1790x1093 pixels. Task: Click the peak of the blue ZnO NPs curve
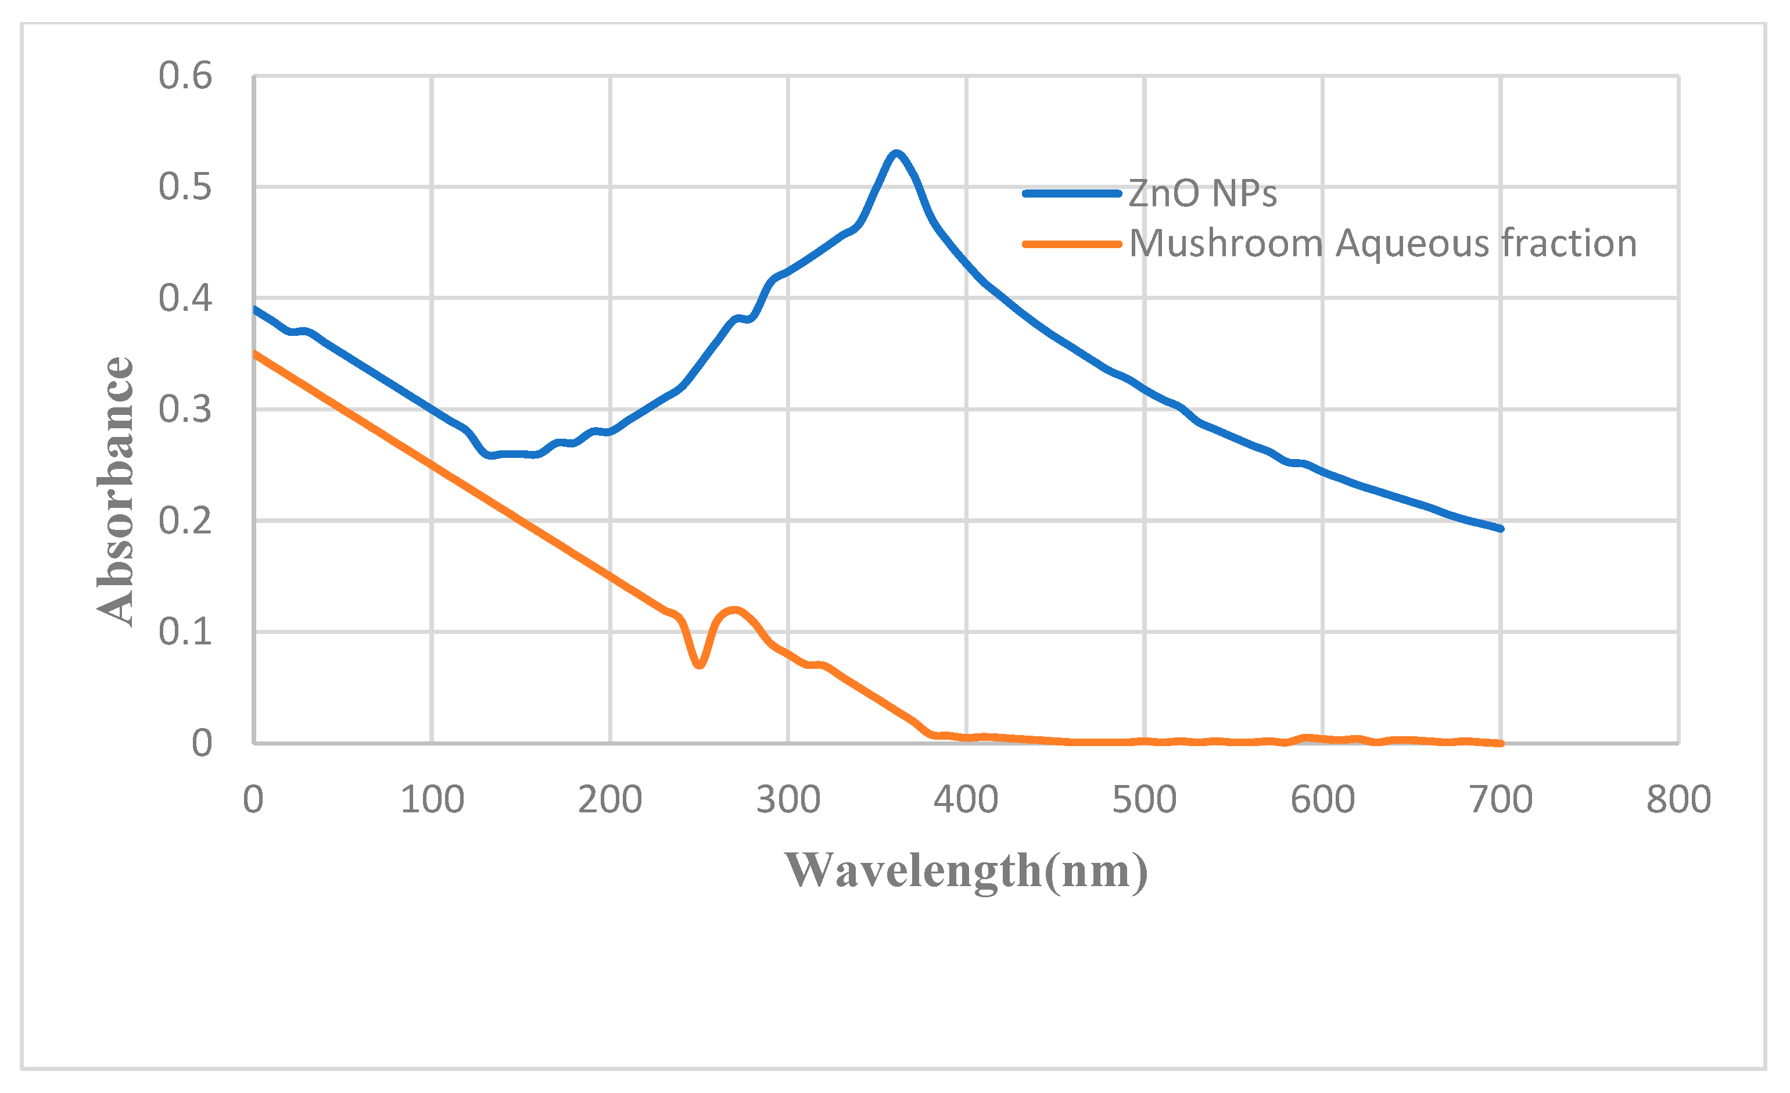(896, 153)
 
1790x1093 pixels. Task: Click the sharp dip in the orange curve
(699, 664)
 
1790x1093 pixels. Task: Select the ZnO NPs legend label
(1202, 194)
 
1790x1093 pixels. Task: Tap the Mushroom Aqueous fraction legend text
(1383, 243)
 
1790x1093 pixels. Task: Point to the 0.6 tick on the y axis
(185, 76)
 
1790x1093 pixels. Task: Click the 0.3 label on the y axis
(185, 409)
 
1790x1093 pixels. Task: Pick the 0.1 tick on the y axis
(185, 632)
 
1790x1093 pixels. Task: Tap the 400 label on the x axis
(966, 800)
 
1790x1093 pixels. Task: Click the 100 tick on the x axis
(432, 800)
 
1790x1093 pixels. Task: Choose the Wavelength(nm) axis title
(966, 870)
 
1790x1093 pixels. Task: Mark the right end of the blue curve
(1501, 528)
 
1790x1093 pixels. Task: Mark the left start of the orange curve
(255, 354)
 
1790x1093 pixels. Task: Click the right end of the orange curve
(1501, 743)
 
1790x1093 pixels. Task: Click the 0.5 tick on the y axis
(185, 187)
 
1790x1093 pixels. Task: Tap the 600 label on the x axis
(1322, 800)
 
